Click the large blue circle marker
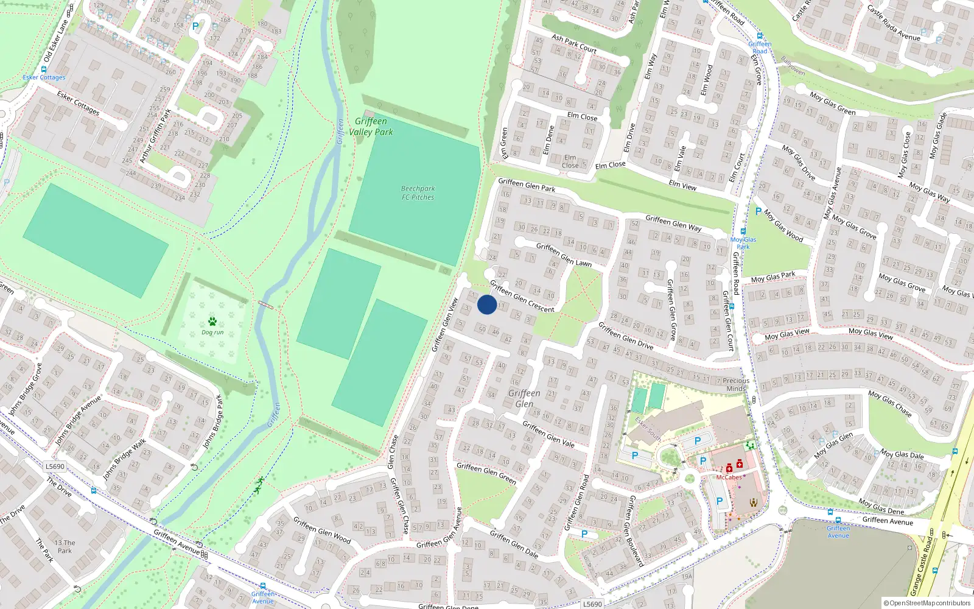pyautogui.click(x=487, y=304)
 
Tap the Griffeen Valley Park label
pyautogui.click(x=371, y=127)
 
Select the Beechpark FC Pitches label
pyautogui.click(x=418, y=192)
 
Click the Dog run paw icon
pyautogui.click(x=212, y=321)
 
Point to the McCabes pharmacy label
pyautogui.click(x=729, y=477)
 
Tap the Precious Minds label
pyautogui.click(x=736, y=384)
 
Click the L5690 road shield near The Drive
pyautogui.click(x=55, y=466)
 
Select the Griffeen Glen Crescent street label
pyautogui.click(x=522, y=297)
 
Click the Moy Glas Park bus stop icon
pyautogui.click(x=743, y=231)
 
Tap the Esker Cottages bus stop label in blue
pyautogui.click(x=44, y=77)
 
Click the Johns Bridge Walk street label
pyautogui.click(x=124, y=459)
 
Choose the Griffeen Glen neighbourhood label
pyautogui.click(x=524, y=398)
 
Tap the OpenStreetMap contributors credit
pyautogui.click(x=927, y=604)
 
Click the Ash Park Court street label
pyautogui.click(x=574, y=43)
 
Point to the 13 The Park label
pyautogui.click(x=65, y=546)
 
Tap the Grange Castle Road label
pyautogui.click(x=922, y=566)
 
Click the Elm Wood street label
pyautogui.click(x=706, y=80)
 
